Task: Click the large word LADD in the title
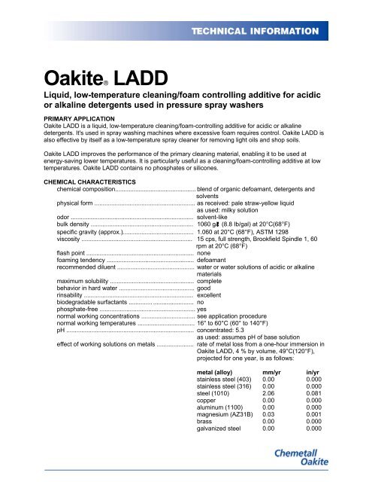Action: (x=120, y=78)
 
